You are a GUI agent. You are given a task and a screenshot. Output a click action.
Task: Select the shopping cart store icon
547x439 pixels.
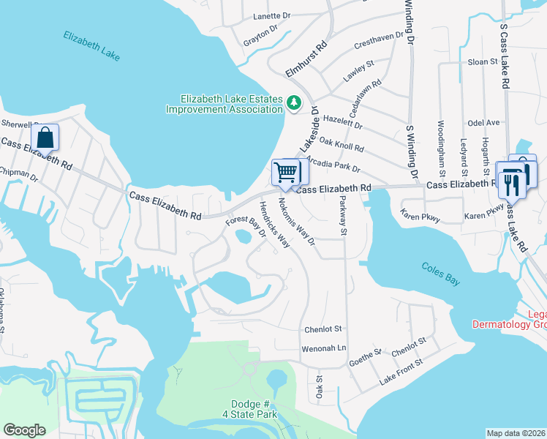click(x=287, y=173)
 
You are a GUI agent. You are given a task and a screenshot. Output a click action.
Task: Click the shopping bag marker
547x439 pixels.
click(x=45, y=137)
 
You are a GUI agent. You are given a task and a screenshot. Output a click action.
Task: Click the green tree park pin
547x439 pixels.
click(x=294, y=103)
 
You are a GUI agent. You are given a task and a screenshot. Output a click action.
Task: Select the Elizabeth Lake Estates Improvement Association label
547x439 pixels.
click(x=225, y=104)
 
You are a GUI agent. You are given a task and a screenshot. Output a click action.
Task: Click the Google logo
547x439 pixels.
click(x=24, y=430)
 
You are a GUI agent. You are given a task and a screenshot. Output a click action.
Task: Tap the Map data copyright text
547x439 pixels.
click(x=516, y=432)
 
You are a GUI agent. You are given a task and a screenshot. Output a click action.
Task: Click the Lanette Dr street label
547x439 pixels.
click(x=272, y=15)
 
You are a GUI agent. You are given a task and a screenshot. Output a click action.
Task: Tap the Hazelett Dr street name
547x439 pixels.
click(x=343, y=121)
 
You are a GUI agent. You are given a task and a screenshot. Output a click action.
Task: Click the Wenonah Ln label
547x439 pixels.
click(x=323, y=348)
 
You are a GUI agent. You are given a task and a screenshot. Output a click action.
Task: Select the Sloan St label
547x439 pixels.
click(x=483, y=62)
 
